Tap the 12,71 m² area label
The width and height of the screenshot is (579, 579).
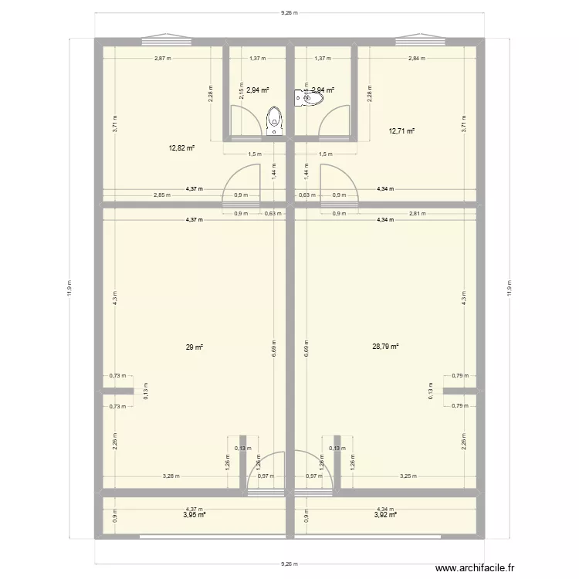click(402, 131)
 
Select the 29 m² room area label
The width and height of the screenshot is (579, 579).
click(194, 347)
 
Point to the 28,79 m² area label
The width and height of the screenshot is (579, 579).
click(385, 347)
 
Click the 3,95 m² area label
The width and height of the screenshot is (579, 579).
click(194, 514)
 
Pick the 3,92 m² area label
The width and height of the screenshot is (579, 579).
click(385, 514)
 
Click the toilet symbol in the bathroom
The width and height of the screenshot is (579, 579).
click(274, 120)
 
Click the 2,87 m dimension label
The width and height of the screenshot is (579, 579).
click(161, 58)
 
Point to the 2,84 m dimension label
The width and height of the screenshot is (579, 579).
click(417, 58)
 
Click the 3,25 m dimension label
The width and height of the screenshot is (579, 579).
click(408, 476)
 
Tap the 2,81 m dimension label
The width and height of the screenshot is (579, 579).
click(418, 213)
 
